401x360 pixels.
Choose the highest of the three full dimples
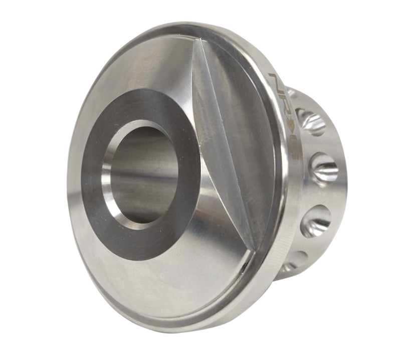312,121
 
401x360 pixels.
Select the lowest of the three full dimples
315,221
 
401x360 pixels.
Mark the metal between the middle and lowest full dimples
321,195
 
